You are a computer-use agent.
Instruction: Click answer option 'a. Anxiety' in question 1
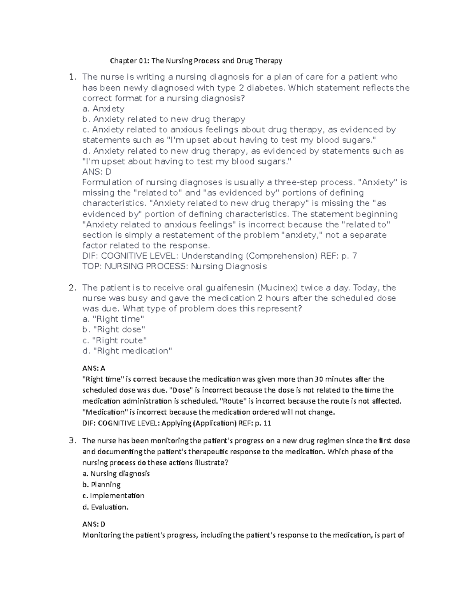click(x=104, y=109)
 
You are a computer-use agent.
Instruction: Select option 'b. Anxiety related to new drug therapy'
click(x=164, y=119)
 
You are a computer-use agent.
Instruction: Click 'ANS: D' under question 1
click(x=97, y=172)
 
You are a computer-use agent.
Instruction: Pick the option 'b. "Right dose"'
click(x=114, y=330)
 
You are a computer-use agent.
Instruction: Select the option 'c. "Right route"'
click(x=114, y=340)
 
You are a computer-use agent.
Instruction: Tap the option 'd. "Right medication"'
click(x=127, y=351)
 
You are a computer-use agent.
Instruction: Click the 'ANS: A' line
click(x=94, y=368)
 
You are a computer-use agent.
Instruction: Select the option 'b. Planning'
click(x=101, y=485)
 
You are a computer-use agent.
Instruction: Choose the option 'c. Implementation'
click(x=113, y=495)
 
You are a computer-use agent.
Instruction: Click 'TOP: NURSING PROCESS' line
click(x=174, y=266)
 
